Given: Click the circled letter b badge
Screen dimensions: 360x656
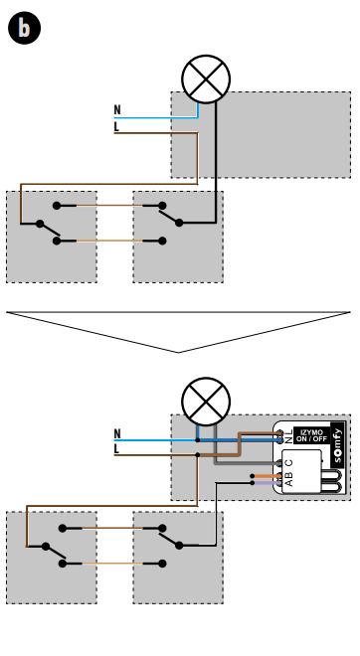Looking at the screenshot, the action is click(24, 28).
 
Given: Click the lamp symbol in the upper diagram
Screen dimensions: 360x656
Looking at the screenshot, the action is click(206, 80).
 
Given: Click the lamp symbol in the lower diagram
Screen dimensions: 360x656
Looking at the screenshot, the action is click(206, 402).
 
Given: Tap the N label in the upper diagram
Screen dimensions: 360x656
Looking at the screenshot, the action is click(117, 109).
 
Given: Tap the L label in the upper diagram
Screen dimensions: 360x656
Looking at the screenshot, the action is click(116, 127).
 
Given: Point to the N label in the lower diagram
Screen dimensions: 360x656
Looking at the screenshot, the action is click(117, 433).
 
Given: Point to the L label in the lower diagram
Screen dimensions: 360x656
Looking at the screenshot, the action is click(116, 449).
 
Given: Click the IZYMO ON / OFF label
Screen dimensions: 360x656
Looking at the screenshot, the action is click(312, 435).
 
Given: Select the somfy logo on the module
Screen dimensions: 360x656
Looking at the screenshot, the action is click(338, 445).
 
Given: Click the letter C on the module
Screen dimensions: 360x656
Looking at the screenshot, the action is click(288, 463).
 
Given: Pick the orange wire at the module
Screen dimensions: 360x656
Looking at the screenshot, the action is click(267, 476).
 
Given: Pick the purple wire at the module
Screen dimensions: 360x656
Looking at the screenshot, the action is click(267, 483).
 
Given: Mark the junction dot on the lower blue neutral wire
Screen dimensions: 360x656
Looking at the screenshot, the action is click(198, 440).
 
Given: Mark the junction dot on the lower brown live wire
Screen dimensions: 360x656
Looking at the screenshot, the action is click(198, 455).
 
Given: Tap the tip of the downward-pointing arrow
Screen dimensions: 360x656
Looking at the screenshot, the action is click(179, 353).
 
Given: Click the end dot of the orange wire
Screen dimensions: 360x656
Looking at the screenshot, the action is click(252, 476).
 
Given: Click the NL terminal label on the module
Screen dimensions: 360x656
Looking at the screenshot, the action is click(288, 436).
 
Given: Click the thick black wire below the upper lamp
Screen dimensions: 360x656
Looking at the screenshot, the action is click(216, 162).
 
